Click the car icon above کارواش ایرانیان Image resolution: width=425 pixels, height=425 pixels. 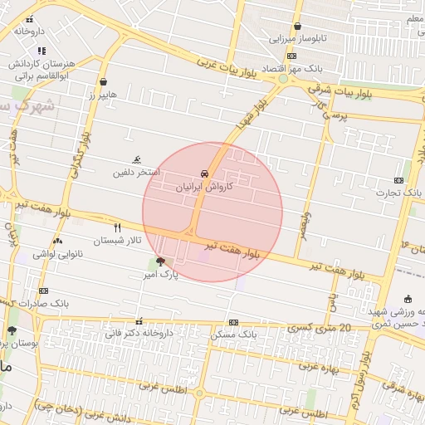[x=204, y=174]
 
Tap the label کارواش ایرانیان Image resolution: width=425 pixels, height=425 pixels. [x=204, y=188]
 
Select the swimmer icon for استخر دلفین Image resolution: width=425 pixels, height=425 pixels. [x=137, y=160]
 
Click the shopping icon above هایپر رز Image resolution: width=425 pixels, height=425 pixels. [x=103, y=82]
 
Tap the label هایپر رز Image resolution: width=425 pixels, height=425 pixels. [x=103, y=95]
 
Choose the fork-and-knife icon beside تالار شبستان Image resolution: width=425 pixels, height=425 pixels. [x=117, y=227]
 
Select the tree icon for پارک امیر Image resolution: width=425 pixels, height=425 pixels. [x=159, y=261]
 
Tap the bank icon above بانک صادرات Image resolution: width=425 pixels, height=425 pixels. [x=43, y=291]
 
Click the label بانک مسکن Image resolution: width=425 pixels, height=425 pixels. [x=233, y=334]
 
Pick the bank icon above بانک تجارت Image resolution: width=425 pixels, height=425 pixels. [x=399, y=180]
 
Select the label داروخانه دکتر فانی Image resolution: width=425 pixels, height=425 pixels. [x=139, y=334]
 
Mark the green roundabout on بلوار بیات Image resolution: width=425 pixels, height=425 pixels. [x=283, y=79]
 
